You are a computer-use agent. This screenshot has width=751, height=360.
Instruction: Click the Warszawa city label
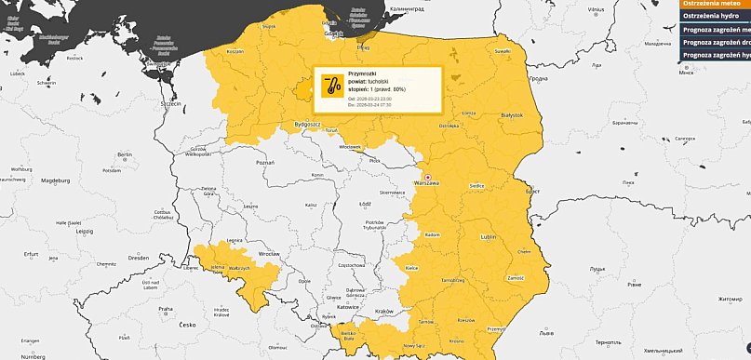coord(428,183)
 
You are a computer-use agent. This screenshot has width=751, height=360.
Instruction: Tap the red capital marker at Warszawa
coord(428,176)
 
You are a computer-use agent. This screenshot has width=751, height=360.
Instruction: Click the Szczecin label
coord(170,104)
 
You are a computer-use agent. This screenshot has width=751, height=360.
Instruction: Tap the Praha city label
coord(165,309)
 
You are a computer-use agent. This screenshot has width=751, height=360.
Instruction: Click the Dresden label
coord(140,257)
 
